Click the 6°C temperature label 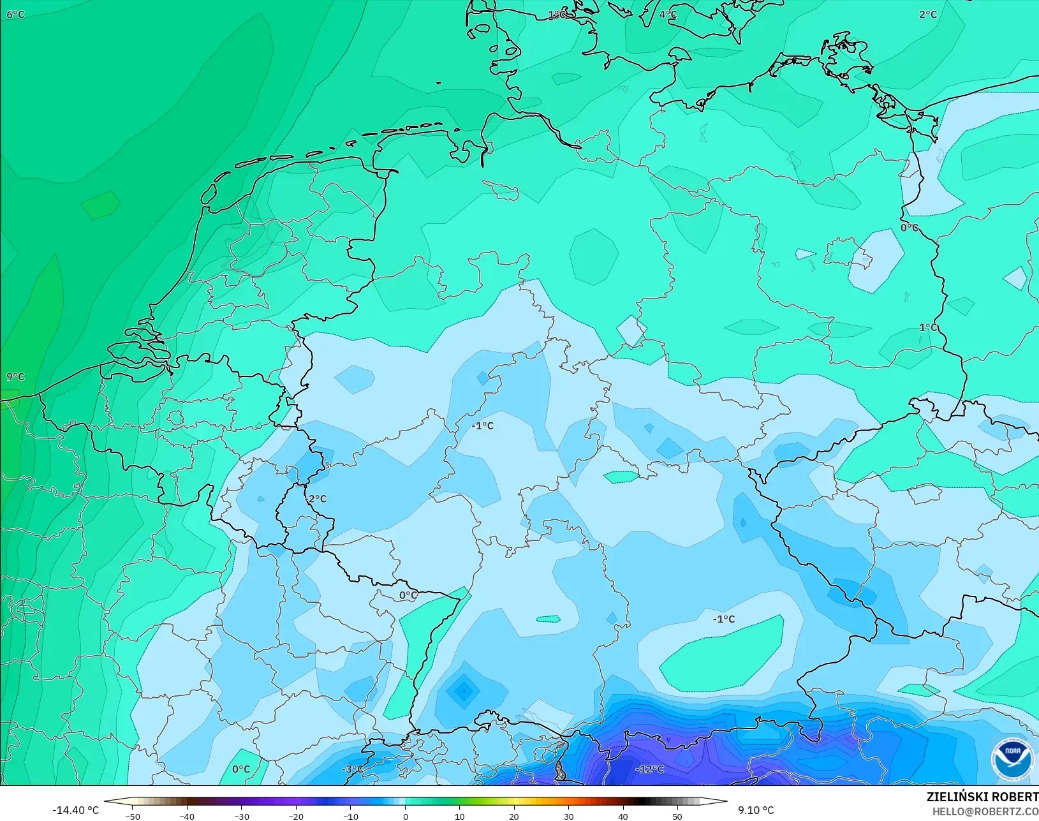pyautogui.click(x=15, y=15)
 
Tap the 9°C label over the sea pyautogui.click(x=15, y=377)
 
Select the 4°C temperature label pyautogui.click(x=668, y=15)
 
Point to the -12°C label pyautogui.click(x=649, y=769)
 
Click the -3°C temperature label pyautogui.click(x=351, y=769)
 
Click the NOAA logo pyautogui.click(x=1013, y=758)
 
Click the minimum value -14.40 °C pyautogui.click(x=75, y=811)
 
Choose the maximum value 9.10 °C pyautogui.click(x=756, y=811)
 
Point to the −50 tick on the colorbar pyautogui.click(x=132, y=817)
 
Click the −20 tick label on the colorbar pyautogui.click(x=295, y=817)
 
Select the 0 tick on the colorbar pyautogui.click(x=405, y=817)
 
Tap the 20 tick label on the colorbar pyautogui.click(x=514, y=817)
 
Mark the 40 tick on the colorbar pyautogui.click(x=623, y=817)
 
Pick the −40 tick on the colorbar pyautogui.click(x=186, y=817)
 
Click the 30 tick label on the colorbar pyautogui.click(x=568, y=817)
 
